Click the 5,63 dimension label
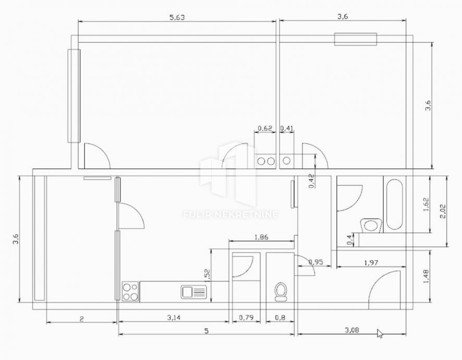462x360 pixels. (x=177, y=17)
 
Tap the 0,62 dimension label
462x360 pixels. (x=265, y=128)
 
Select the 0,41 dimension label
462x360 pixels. (x=287, y=128)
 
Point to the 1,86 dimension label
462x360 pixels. (x=261, y=237)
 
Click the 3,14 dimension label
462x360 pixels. (x=174, y=318)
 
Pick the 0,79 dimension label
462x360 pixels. (x=246, y=318)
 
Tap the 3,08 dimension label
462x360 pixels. (x=352, y=330)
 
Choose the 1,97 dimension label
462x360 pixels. (x=371, y=262)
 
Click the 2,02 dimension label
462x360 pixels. (x=443, y=211)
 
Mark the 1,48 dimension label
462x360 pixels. (x=426, y=277)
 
